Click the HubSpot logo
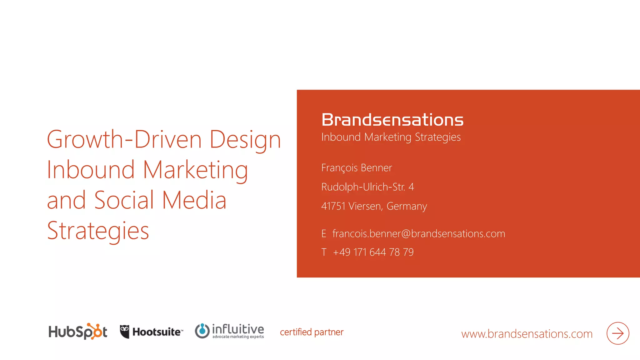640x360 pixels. click(78, 332)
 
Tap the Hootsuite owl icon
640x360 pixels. click(124, 332)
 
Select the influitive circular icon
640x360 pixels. click(202, 331)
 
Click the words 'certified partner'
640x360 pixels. click(312, 332)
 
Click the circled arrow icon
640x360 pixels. click(617, 333)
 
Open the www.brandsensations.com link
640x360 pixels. click(527, 334)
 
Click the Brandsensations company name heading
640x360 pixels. click(392, 120)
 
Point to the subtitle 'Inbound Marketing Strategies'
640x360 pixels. click(391, 137)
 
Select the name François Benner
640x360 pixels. click(357, 168)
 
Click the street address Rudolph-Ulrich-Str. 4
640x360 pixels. click(367, 187)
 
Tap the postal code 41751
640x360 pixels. click(333, 206)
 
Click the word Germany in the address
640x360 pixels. click(407, 206)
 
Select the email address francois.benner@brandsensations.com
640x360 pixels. click(419, 234)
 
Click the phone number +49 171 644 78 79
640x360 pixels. click(373, 252)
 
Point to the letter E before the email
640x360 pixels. click(324, 234)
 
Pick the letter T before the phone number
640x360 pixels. click(324, 252)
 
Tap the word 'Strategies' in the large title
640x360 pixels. click(98, 231)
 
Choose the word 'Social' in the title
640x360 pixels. click(124, 200)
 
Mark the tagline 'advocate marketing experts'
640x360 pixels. click(238, 337)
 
